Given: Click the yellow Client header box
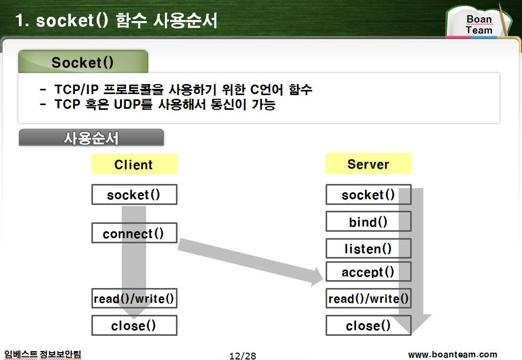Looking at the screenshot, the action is [134, 164].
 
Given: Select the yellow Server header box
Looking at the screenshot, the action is [369, 163].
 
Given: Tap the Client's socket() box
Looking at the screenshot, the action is [134, 194].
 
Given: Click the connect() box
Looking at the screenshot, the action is [134, 233].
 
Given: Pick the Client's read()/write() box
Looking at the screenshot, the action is [134, 299].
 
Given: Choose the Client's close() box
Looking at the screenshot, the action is [134, 325].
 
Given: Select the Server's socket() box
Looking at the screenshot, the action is [369, 194].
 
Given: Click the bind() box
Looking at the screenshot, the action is [369, 221].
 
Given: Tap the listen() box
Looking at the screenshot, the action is [369, 249].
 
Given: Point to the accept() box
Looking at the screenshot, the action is [369, 272].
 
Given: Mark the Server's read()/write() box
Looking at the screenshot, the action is [369, 299].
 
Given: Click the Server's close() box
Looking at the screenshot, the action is [369, 325].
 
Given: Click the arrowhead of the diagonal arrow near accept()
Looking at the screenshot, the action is [322, 277].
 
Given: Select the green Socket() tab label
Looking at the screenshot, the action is [83, 62].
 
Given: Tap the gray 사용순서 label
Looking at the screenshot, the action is [91, 138].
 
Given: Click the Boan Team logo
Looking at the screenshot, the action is [479, 22].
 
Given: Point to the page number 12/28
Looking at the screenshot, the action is [243, 356].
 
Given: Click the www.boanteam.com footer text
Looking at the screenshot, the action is [453, 354].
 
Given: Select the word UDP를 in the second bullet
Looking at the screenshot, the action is [133, 104].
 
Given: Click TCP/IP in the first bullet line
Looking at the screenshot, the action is [77, 89].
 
